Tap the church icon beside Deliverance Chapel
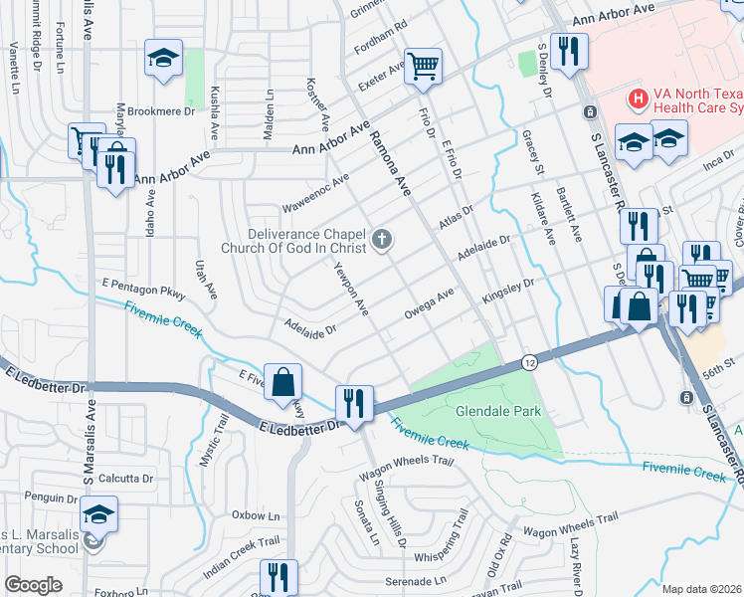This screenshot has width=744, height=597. (382, 240)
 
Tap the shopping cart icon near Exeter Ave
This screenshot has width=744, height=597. (425, 66)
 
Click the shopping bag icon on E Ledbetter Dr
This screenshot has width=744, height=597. (283, 380)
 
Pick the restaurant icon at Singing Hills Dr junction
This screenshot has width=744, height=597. (353, 402)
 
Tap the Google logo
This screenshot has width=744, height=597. (33, 585)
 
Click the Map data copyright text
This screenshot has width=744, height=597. (702, 589)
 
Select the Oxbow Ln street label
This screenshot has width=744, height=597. (256, 516)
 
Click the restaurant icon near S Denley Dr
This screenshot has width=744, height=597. (569, 51)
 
